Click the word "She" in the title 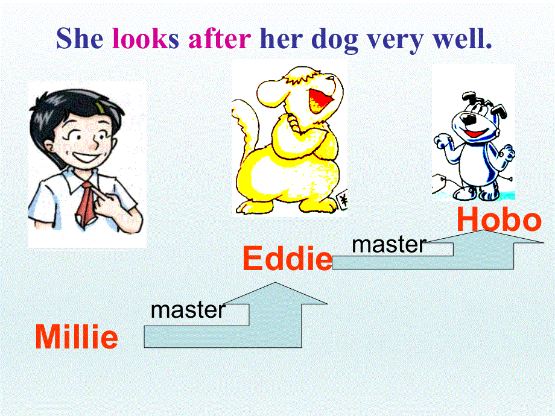pyautogui.click(x=80, y=39)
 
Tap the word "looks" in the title pyautogui.click(x=145, y=39)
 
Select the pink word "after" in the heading pyautogui.click(x=220, y=39)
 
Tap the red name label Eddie pyautogui.click(x=287, y=259)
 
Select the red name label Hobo pyautogui.click(x=499, y=220)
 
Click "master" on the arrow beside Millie pyautogui.click(x=188, y=310)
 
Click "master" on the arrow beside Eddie pyautogui.click(x=389, y=244)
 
